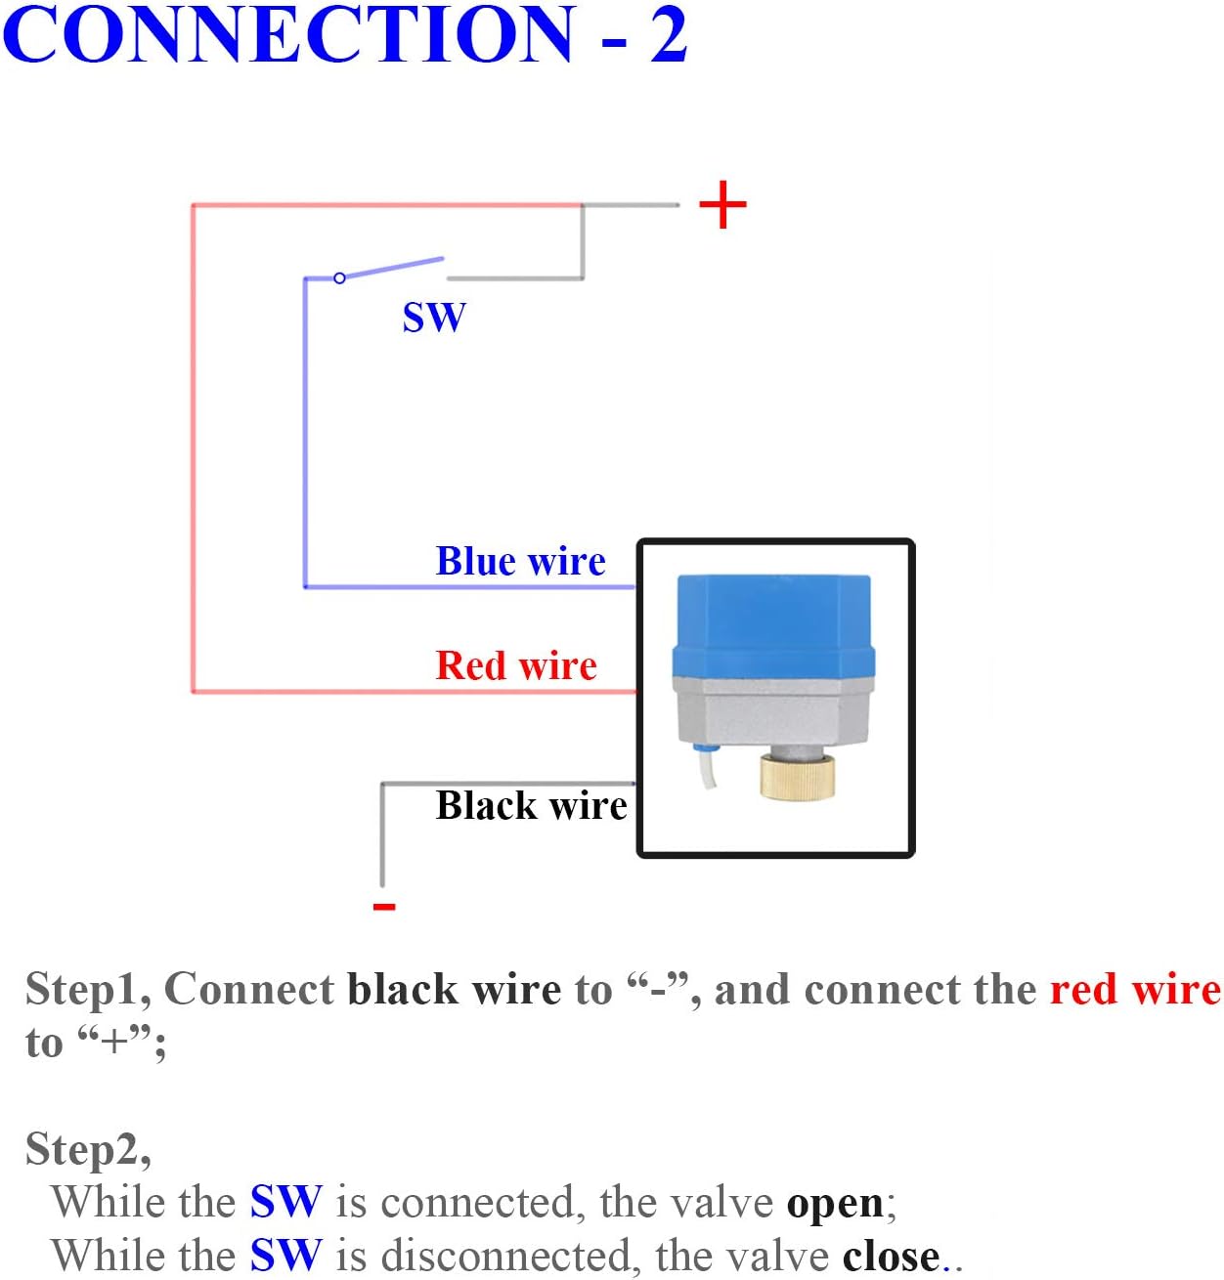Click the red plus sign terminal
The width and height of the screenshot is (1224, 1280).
coord(722,205)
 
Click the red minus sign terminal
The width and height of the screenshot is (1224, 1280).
coord(384,907)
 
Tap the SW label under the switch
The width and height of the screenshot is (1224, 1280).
coord(434,318)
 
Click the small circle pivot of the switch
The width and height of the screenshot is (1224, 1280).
coord(339,278)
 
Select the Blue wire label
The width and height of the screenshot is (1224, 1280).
coord(520,562)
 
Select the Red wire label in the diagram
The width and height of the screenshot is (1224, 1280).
coord(516,665)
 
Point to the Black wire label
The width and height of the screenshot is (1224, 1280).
coord(531,806)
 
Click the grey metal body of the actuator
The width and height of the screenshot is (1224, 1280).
coord(772,713)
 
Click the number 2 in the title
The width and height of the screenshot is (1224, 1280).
coord(669,34)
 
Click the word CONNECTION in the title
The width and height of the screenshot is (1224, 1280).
coord(289,34)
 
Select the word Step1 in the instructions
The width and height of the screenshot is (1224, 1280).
coord(86,990)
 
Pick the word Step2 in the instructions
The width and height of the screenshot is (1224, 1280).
coord(87,1149)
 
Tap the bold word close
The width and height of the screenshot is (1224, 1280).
coord(890,1257)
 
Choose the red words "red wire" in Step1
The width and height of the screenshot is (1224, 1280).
coord(1135,990)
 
